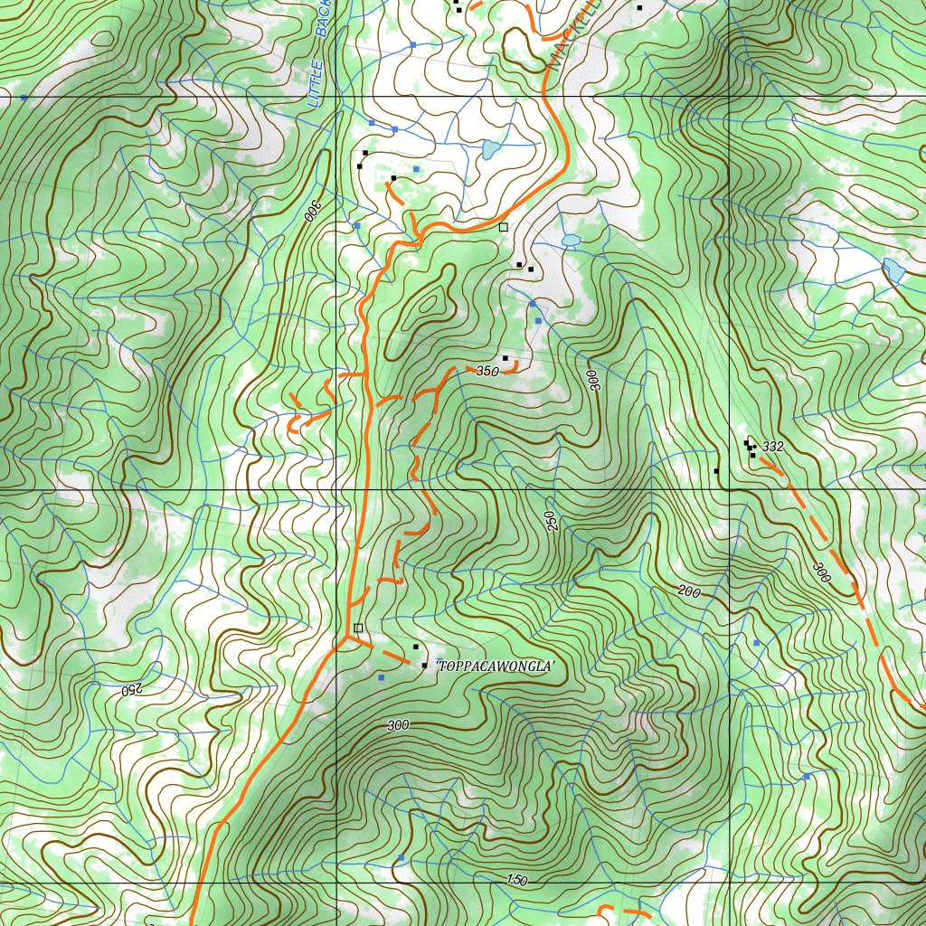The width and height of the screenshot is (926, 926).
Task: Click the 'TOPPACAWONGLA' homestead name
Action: pos(495,666)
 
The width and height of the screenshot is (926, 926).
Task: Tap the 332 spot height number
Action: pos(772,447)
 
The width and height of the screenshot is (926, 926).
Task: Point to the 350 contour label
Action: pos(487,371)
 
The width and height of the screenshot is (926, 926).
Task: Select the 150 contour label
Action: pos(516,880)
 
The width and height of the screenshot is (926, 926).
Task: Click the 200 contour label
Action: pos(689,591)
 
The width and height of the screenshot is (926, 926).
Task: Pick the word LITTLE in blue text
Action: pos(315,84)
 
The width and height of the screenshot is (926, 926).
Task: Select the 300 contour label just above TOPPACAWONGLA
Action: pos(397,725)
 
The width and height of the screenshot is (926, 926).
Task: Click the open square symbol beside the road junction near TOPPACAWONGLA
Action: pos(358,628)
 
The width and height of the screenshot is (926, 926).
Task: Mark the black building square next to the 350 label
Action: pos(505,358)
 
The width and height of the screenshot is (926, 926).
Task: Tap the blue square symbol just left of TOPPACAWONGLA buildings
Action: pos(381,677)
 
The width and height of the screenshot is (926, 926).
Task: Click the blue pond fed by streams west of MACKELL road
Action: pos(490,148)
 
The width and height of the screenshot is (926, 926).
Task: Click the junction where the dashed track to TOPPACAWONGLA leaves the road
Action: pos(346,640)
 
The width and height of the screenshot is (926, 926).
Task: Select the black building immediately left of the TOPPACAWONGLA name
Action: pos(424,665)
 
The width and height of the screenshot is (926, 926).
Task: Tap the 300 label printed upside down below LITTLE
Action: pos(311,211)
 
